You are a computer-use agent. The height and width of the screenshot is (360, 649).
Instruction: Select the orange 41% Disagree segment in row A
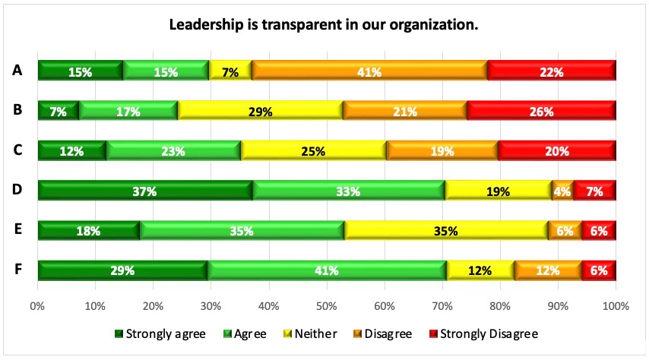pyautogui.click(x=370, y=71)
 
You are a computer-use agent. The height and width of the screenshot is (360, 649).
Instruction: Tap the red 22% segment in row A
pyautogui.click(x=551, y=71)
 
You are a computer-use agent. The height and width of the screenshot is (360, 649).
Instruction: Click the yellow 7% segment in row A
pyautogui.click(x=230, y=71)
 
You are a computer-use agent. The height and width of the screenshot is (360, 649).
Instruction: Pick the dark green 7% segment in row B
pyautogui.click(x=58, y=111)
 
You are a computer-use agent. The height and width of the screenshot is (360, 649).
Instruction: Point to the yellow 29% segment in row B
pyautogui.click(x=261, y=111)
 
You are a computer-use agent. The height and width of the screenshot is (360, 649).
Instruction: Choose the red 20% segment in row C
pyautogui.click(x=556, y=150)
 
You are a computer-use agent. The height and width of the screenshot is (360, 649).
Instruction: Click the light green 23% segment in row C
pyautogui.click(x=173, y=150)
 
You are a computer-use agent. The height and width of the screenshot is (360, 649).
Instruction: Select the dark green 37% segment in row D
pyautogui.click(x=144, y=191)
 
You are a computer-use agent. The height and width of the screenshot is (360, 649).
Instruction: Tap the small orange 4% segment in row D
pyautogui.click(x=562, y=191)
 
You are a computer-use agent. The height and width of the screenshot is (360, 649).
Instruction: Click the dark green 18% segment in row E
pyautogui.click(x=88, y=230)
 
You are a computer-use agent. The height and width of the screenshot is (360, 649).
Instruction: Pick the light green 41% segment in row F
pyautogui.click(x=327, y=270)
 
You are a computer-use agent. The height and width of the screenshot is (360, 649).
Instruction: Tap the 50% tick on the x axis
pyautogui.click(x=326, y=306)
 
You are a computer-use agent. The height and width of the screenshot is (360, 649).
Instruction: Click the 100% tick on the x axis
pyautogui.click(x=614, y=306)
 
